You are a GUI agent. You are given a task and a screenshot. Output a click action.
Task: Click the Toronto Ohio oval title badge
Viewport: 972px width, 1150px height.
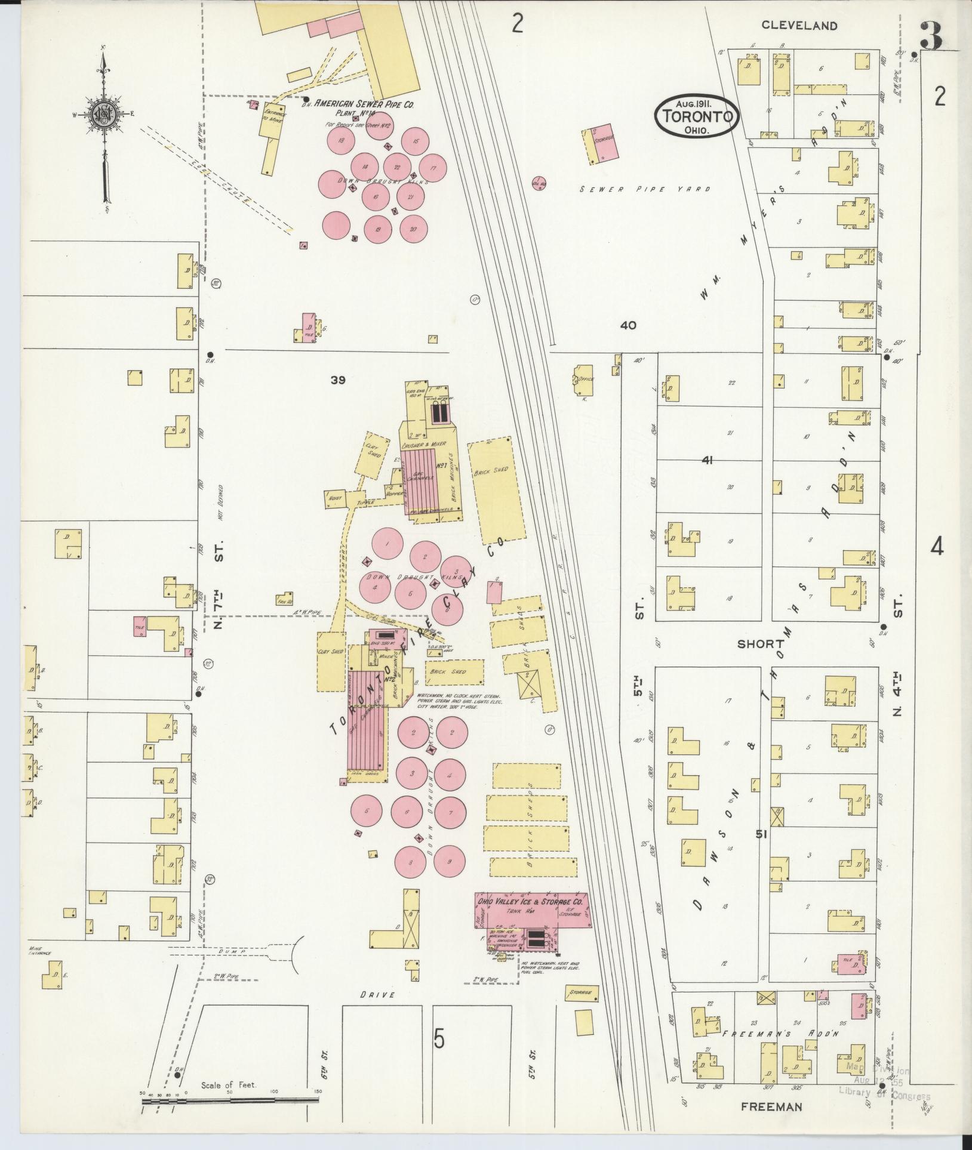pyautogui.click(x=697, y=116)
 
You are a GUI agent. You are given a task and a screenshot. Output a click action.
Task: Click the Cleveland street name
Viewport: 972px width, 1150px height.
pyautogui.click(x=799, y=26)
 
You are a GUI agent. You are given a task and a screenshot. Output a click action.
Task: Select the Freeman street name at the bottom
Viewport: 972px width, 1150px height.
pyautogui.click(x=771, y=1107)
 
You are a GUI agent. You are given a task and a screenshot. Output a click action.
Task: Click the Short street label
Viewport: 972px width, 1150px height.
pyautogui.click(x=760, y=644)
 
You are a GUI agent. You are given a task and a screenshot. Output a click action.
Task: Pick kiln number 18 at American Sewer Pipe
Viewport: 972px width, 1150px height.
pyautogui.click(x=342, y=141)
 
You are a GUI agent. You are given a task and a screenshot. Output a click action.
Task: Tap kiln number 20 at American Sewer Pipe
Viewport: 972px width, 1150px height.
pyautogui.click(x=413, y=229)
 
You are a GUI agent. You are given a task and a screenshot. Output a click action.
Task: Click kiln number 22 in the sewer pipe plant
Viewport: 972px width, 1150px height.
pyautogui.click(x=396, y=167)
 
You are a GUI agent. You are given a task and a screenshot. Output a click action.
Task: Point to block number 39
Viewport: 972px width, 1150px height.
pyautogui.click(x=339, y=380)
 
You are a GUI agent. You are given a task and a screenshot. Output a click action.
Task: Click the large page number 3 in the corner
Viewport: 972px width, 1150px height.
pyautogui.click(x=931, y=37)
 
